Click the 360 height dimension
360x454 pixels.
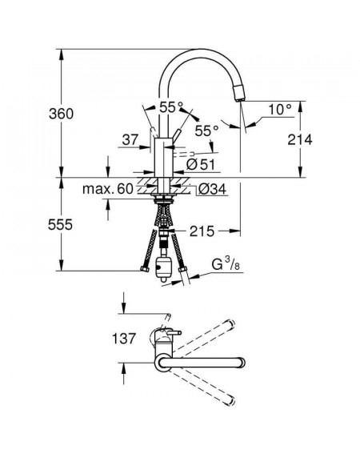pyautogui.click(x=61, y=114)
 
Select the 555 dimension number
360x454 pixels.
pyautogui.click(x=60, y=224)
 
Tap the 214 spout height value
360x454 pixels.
pyautogui.click(x=300, y=140)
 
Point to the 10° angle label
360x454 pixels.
pyautogui.click(x=280, y=110)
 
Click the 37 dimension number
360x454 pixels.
pyautogui.click(x=130, y=140)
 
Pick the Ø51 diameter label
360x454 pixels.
pyautogui.click(x=201, y=164)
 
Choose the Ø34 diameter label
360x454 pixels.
pyautogui.click(x=212, y=189)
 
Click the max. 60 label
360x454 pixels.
pyautogui.click(x=108, y=189)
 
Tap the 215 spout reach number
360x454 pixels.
pyautogui.click(x=202, y=231)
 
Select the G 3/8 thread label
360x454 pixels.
pyautogui.click(x=226, y=265)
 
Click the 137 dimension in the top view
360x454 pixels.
pyautogui.click(x=123, y=339)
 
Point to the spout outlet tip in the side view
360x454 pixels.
pyautogui.click(x=241, y=99)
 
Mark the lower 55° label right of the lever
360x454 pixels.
pyautogui.click(x=206, y=131)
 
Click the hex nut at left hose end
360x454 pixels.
pyautogui.click(x=145, y=269)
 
